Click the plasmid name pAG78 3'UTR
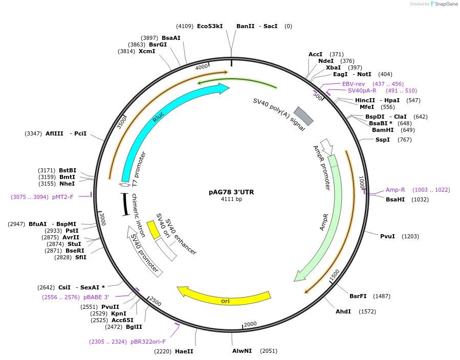231,192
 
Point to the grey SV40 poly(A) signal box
303,117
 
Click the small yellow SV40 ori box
152,229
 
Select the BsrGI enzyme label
158,44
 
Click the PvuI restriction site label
387,236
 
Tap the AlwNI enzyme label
242,351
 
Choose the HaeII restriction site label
184,351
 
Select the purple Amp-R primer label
395,190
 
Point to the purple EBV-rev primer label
354,84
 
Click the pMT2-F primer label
63,197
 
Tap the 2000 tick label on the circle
250,324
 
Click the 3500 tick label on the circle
122,122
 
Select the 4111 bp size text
231,199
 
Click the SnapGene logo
443,4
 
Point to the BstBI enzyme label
68,170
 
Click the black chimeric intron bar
124,204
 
